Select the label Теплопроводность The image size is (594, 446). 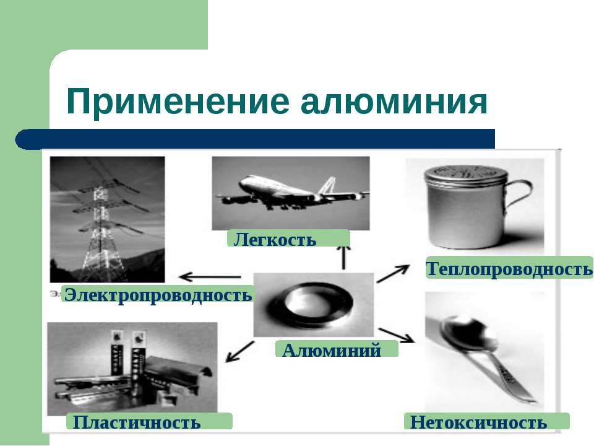click(x=509, y=268)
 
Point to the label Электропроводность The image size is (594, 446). click(x=158, y=294)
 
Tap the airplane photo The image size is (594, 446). click(x=290, y=192)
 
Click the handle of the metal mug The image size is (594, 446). click(x=519, y=199)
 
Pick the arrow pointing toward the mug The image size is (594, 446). click(x=394, y=273)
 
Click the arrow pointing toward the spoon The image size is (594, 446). click(x=397, y=334)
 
